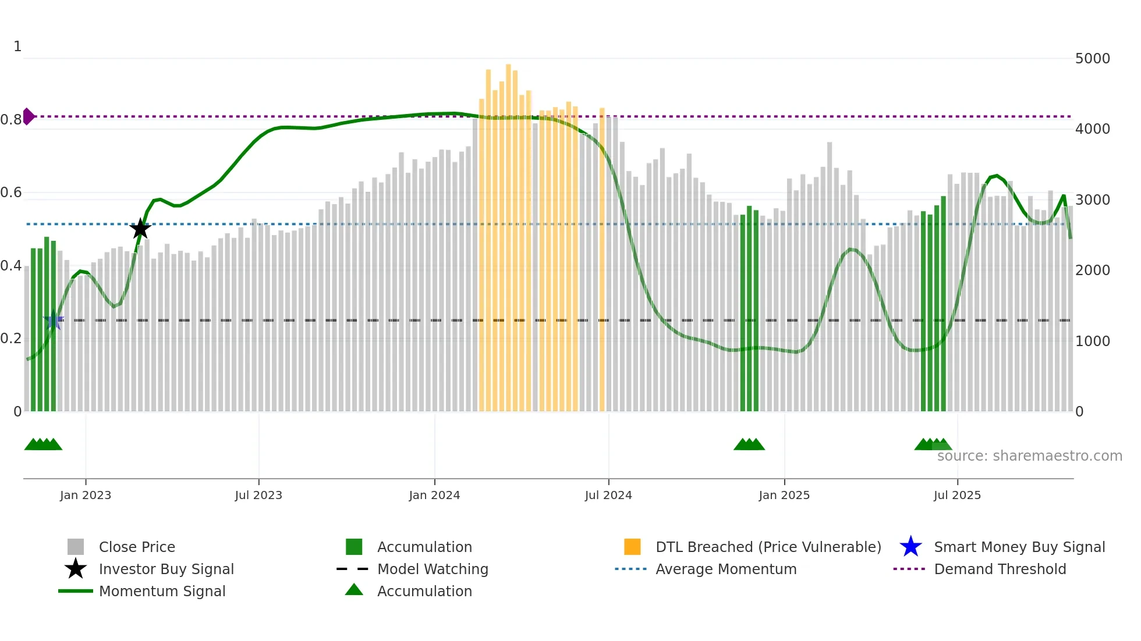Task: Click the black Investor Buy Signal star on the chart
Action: point(140,229)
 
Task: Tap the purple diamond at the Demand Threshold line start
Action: point(28,116)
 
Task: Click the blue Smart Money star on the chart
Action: point(54,320)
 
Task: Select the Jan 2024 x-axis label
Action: point(434,495)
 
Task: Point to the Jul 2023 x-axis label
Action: point(258,495)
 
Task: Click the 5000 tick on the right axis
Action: point(1092,59)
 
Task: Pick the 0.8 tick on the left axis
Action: point(11,120)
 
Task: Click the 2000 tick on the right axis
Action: point(1092,270)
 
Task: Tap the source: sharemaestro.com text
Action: point(1029,456)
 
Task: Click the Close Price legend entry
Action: point(137,547)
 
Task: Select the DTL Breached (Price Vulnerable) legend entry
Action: point(768,547)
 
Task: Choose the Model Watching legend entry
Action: point(433,569)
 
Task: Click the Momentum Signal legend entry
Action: point(162,591)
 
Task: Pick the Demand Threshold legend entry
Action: point(1000,569)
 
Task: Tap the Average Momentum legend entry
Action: point(725,569)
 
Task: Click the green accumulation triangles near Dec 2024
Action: point(749,444)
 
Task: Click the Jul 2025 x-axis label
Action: point(957,495)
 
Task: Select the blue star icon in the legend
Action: point(910,547)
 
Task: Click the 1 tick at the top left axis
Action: point(17,47)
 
